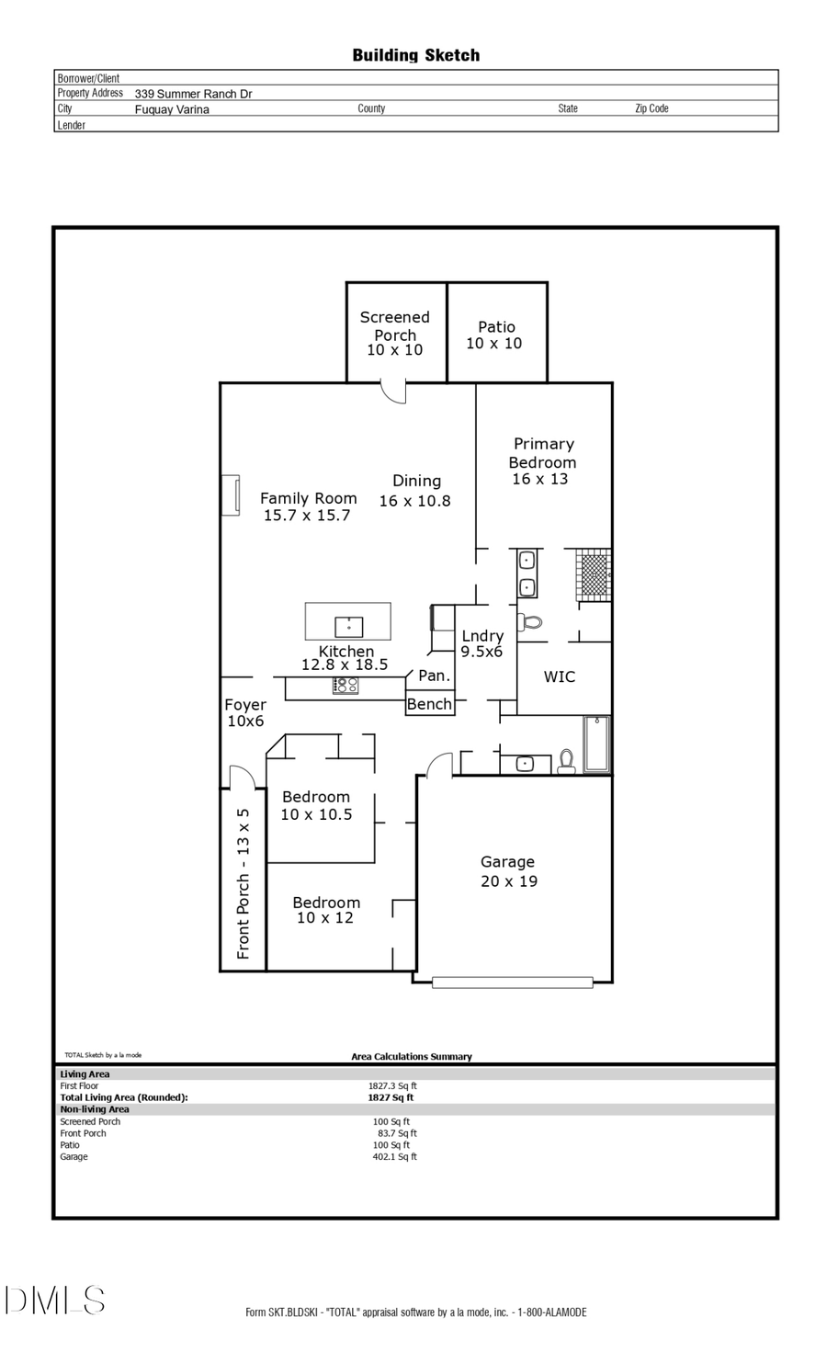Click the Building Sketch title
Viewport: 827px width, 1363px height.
(x=415, y=55)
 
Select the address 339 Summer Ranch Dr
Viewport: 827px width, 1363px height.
(x=193, y=94)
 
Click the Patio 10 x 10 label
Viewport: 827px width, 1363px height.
(x=495, y=335)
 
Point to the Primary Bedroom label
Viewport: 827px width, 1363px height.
(x=542, y=461)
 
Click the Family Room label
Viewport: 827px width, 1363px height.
(x=308, y=506)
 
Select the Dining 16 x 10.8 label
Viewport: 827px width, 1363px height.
(x=415, y=491)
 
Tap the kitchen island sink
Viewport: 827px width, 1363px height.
(x=348, y=627)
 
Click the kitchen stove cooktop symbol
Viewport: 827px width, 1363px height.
(x=346, y=685)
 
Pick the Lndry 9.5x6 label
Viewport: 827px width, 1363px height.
(x=482, y=643)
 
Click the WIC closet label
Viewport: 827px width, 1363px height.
(x=559, y=677)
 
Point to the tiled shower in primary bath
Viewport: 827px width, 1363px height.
(x=594, y=574)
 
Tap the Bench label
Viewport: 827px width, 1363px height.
(x=429, y=704)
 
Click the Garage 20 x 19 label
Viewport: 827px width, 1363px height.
(x=508, y=871)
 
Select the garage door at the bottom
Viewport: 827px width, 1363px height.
(x=512, y=982)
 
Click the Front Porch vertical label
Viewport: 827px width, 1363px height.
(x=244, y=883)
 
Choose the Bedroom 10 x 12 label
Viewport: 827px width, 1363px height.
(x=325, y=910)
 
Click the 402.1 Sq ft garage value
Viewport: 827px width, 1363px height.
(x=394, y=1156)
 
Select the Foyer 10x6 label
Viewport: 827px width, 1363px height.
(x=245, y=712)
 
